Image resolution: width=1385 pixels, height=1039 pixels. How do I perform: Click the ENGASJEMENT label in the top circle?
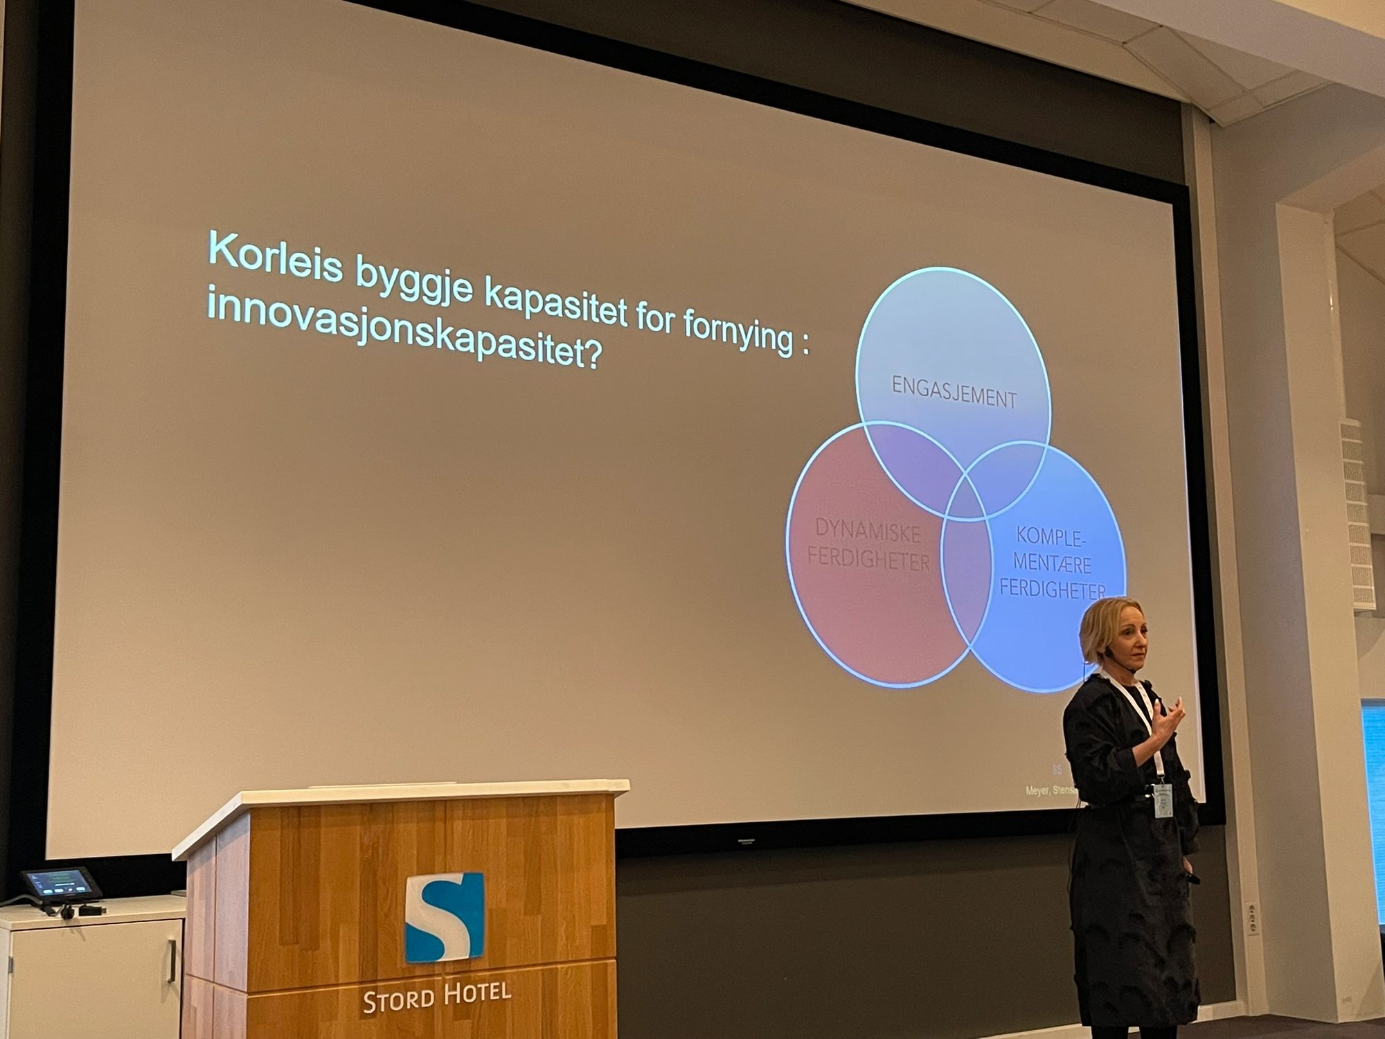[954, 393]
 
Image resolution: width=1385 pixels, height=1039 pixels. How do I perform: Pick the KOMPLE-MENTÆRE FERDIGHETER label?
[1051, 563]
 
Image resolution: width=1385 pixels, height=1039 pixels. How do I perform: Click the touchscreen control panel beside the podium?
[61, 884]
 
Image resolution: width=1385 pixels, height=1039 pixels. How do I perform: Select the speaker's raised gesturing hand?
[1170, 720]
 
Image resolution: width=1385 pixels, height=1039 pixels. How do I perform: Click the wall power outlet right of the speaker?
[1251, 918]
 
